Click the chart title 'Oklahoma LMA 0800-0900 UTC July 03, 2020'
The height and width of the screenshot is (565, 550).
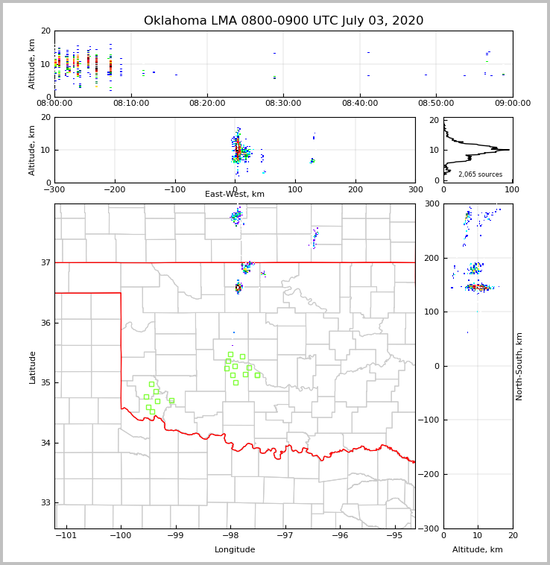coord(283,21)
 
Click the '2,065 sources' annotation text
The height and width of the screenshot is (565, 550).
coord(478,174)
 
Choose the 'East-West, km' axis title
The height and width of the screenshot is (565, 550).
coord(235,195)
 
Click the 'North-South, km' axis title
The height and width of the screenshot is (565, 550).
coord(519,366)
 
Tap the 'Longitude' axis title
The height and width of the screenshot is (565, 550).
coord(235,550)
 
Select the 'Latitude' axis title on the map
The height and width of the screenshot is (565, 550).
coord(33,367)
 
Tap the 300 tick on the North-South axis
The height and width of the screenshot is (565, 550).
coord(430,204)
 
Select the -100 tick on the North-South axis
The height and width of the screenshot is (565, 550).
coord(428,420)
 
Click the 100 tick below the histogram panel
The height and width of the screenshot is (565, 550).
coord(512,190)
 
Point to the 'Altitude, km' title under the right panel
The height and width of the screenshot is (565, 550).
coord(478,550)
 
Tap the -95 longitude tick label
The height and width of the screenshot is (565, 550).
coord(394,536)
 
